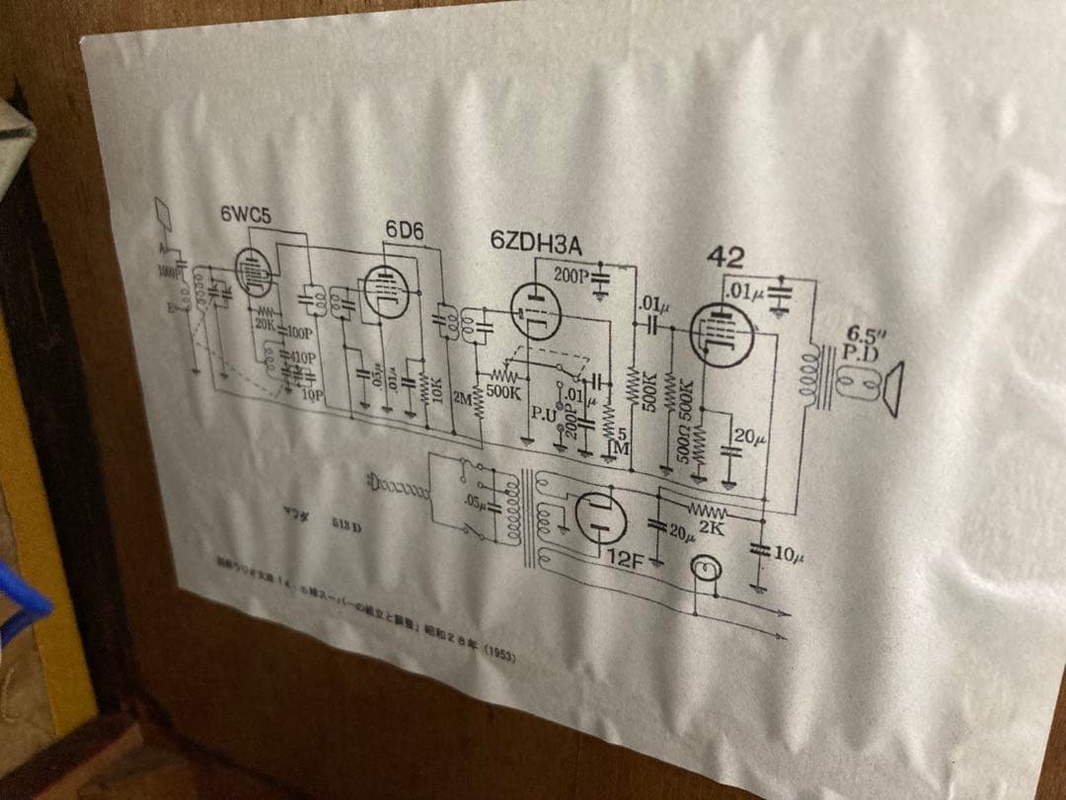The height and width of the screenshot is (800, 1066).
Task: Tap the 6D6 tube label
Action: point(404,229)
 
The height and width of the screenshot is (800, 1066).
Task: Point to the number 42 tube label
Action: point(724,258)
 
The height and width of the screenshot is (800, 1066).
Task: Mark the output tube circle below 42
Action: point(721,334)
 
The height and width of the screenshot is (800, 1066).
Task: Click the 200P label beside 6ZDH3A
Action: point(571,277)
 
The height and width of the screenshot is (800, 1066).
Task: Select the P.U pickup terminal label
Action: point(542,414)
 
